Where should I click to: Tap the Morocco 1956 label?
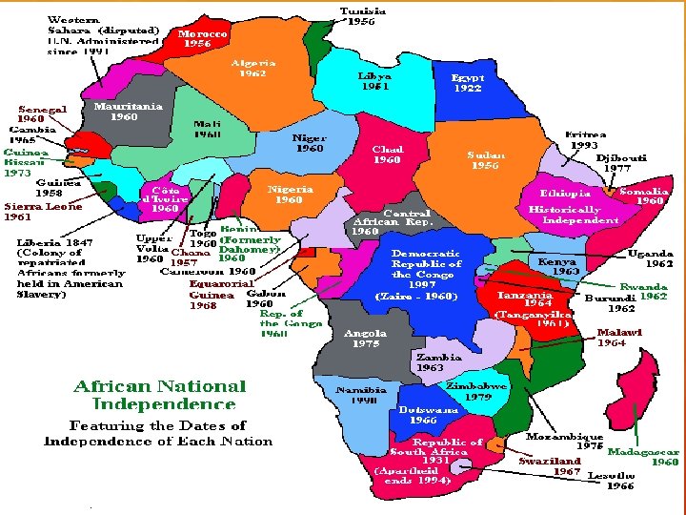[203, 38]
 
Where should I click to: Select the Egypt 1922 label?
[468, 83]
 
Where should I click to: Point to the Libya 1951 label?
[374, 80]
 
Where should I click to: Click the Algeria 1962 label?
[254, 68]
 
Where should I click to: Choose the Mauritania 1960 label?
[128, 112]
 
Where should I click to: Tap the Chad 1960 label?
[388, 154]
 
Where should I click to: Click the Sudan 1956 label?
[486, 159]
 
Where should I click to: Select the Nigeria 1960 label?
[290, 195]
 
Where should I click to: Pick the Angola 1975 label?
[365, 339]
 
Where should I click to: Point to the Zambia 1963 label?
[438, 362]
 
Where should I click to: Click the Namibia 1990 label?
[361, 395]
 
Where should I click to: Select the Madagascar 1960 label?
[643, 457]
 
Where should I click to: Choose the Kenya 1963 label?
[558, 265]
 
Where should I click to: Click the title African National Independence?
[160, 395]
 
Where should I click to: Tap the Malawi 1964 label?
[619, 338]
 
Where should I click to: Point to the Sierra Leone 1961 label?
[43, 211]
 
